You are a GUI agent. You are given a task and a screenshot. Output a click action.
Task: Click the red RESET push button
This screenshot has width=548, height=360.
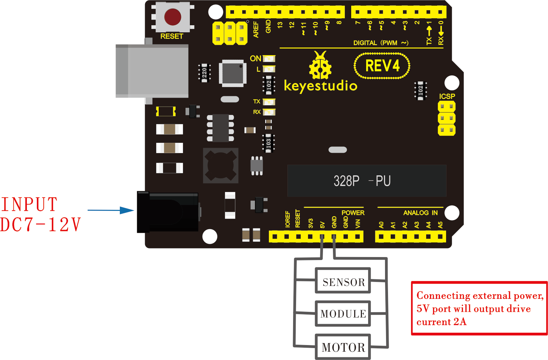[173, 17]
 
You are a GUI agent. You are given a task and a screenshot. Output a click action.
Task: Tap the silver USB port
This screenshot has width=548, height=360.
[152, 71]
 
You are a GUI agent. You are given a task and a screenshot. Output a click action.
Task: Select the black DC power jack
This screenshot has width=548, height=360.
[168, 212]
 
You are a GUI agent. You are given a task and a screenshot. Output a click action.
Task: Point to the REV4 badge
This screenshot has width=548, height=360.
[382, 66]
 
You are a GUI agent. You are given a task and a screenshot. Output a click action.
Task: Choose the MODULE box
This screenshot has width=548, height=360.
[343, 314]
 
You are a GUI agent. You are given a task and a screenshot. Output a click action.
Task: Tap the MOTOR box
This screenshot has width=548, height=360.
[343, 347]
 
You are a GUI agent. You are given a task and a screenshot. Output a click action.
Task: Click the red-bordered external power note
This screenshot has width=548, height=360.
[479, 308]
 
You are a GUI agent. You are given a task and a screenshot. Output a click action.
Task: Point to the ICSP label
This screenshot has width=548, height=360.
[447, 96]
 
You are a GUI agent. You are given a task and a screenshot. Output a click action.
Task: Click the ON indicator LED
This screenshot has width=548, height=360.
[269, 58]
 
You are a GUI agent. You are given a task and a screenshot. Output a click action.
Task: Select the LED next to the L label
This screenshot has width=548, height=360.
[269, 69]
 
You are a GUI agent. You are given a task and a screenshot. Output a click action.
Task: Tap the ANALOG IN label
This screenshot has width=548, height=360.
[420, 213]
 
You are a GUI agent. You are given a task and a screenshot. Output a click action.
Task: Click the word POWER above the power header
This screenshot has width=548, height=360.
[353, 213]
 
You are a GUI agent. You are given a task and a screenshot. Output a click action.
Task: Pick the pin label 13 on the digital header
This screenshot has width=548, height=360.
[280, 25]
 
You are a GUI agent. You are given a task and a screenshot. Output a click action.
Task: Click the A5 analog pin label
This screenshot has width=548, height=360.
[440, 225]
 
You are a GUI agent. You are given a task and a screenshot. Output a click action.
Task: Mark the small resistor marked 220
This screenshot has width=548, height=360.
[204, 73]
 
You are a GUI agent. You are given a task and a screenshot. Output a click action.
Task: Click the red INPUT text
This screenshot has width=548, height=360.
[29, 204]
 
